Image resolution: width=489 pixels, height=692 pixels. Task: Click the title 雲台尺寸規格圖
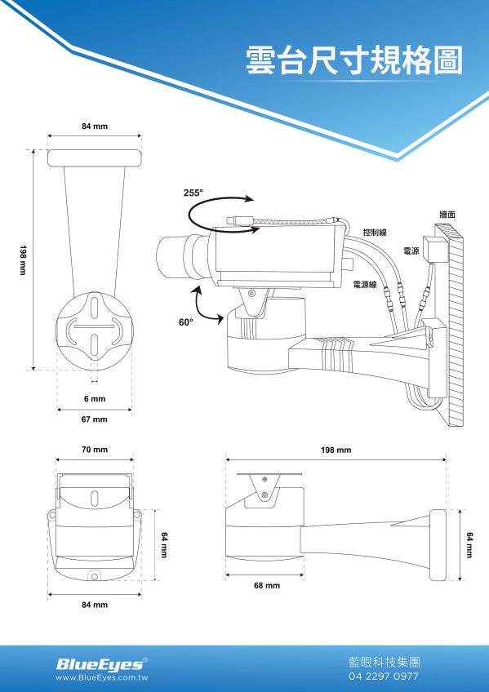[x=353, y=60]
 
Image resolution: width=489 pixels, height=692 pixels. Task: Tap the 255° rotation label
[x=193, y=193]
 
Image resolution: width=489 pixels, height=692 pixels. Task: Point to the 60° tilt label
[x=186, y=322]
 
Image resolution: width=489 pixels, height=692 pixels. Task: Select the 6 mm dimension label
[x=95, y=399]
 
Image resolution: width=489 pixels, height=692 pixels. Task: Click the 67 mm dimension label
[x=95, y=419]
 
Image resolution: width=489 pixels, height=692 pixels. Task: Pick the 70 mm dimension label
[x=95, y=450]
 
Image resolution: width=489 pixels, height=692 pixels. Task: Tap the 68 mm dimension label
[x=267, y=586]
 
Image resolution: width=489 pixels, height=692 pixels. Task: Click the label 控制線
[x=375, y=232]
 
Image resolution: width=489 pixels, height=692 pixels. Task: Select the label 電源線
[x=366, y=285]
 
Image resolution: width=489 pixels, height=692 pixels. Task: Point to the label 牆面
[x=447, y=215]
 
